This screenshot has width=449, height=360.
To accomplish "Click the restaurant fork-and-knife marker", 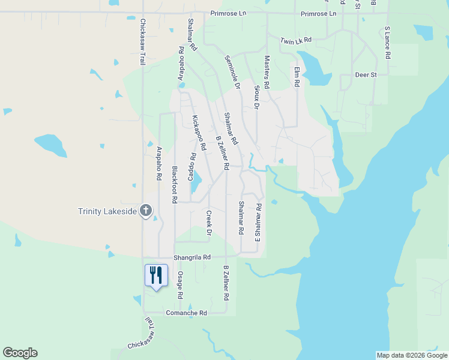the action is tap(156, 275).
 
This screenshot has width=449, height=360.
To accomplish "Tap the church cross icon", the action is tap(145, 211).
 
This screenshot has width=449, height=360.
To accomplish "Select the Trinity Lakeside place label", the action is tap(107, 211).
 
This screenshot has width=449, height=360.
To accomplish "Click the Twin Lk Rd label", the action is tap(297, 40).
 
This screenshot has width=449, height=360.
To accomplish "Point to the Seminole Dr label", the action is tap(232, 73).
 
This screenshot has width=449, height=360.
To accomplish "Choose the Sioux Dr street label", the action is tap(256, 97).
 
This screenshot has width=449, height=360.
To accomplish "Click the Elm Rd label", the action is tap(296, 77).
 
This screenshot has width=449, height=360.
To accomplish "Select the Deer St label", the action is tap(366, 75).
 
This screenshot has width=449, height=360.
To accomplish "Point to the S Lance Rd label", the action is tap(387, 42).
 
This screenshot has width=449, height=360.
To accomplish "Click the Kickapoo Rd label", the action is tap(199, 133).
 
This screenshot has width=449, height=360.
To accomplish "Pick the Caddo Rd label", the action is tap(192, 166).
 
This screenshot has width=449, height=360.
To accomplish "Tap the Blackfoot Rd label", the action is tap(175, 184).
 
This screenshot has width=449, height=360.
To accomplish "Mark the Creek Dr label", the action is tap(209, 223).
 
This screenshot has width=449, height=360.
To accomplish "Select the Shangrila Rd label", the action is tap(192, 257).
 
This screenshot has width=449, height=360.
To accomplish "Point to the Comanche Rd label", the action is tap(186, 313).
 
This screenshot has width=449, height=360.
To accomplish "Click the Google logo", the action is tap(20, 353).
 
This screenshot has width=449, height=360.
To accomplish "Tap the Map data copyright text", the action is tap(411, 355).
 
